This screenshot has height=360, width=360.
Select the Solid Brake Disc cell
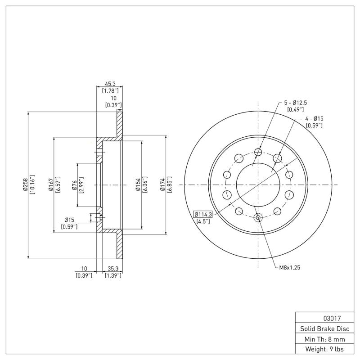[x=322, y=328]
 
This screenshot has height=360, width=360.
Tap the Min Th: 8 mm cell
[x=322, y=339]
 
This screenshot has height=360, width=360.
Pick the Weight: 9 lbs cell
[x=322, y=349]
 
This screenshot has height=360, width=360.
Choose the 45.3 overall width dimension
[x=110, y=84]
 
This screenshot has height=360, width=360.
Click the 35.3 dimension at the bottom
[x=112, y=269]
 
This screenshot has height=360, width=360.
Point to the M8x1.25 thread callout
[x=289, y=267]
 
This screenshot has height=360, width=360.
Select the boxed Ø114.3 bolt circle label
[x=204, y=214]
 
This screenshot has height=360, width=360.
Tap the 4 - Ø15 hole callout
[x=315, y=118]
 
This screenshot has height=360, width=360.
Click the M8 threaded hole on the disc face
[x=258, y=218]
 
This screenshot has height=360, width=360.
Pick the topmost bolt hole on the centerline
[x=258, y=152]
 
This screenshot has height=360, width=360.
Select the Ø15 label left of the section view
[x=69, y=220]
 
